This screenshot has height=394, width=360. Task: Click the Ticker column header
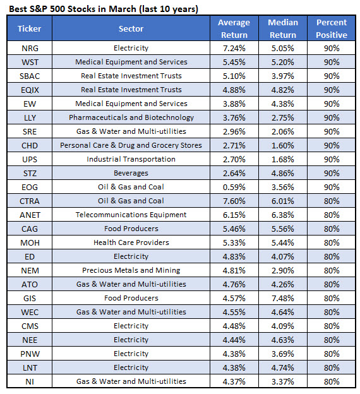30,28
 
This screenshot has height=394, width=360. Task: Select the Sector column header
131,28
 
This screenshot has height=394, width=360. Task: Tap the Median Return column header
283,28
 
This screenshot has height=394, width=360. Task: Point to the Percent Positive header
332,28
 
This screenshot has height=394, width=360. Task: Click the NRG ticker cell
30,48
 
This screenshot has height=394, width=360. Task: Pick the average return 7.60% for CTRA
234,201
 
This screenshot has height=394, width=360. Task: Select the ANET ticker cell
30,215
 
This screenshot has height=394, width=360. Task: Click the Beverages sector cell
131,173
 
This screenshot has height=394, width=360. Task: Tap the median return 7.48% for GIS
283,298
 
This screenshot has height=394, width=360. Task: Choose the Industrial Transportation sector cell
131,159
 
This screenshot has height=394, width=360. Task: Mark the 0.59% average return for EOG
234,187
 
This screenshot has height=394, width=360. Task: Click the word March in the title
123,9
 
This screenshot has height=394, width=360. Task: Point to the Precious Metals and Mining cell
131,270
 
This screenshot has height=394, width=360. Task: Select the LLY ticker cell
30,117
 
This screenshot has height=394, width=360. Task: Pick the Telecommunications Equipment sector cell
131,215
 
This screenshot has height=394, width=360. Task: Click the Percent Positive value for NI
332,381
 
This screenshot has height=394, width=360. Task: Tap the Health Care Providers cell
131,242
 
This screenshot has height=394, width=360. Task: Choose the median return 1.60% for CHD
283,145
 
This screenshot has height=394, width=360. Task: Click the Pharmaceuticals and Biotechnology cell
131,117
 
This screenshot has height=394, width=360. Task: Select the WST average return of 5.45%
234,62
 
